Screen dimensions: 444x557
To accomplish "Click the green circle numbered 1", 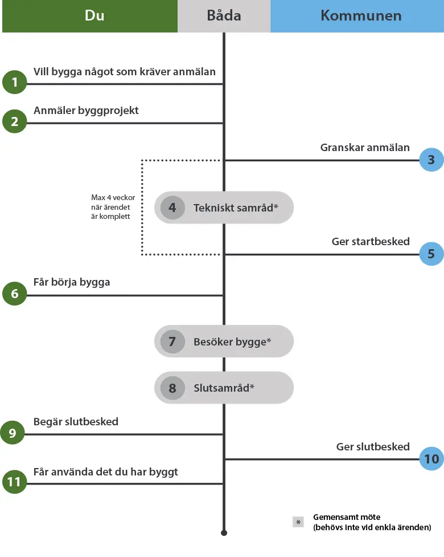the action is pos(15,82).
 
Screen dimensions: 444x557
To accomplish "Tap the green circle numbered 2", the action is pos(15,121).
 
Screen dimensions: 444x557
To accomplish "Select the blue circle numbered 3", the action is pos(431,160).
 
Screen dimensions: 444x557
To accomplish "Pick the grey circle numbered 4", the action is pos(172,208).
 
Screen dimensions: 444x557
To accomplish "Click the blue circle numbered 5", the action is pos(431,254).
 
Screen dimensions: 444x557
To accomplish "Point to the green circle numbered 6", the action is pos(15,294).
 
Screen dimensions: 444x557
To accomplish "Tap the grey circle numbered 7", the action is pos(172,341).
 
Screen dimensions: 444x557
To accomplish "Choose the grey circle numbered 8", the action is pos(172,388).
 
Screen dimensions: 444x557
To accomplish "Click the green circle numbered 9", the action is pos(13,433).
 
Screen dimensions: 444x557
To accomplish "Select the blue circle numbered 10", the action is pos(431,458).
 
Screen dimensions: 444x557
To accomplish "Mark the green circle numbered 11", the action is pos(15,482).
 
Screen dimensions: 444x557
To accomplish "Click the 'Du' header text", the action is pos(94,15).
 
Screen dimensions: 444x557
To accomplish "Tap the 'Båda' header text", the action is pos(224,15).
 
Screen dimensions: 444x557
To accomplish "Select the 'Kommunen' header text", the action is pos(361,15).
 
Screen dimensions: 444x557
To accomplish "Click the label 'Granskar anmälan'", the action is pos(365,148).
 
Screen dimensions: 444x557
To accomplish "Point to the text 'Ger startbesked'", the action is pos(371,242).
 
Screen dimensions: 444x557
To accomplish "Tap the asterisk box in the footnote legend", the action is pos(298,522).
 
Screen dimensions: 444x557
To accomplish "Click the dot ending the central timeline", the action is pos(224,533).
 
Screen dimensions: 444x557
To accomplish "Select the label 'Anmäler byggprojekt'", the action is pos(86,111).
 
